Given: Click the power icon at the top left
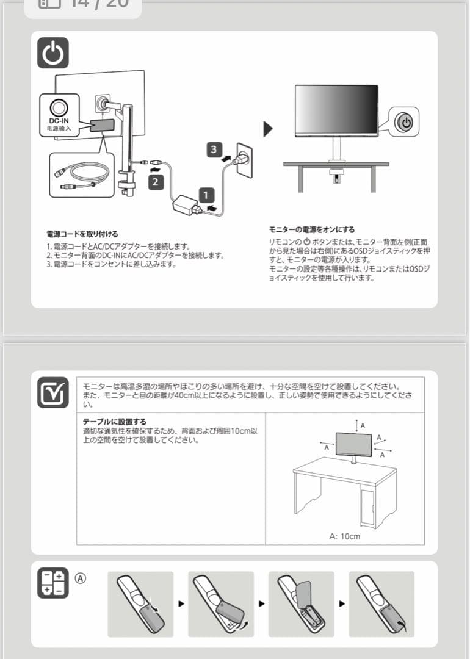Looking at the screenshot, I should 53,53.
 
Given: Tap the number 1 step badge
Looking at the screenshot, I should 206,196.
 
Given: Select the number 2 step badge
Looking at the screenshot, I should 156,181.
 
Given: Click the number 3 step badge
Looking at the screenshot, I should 213,149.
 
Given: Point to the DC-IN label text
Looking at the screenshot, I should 59,121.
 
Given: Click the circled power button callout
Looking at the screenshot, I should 405,123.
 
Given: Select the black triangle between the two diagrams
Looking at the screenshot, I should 267,129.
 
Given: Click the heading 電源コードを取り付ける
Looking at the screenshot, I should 82,234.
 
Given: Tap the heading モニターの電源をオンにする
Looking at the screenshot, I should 312,229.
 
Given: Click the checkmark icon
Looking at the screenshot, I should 53,392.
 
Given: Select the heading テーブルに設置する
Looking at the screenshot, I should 115,422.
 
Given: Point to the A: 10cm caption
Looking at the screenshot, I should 344,536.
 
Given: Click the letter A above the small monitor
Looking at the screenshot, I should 363,425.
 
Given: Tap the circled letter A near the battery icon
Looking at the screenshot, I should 81,577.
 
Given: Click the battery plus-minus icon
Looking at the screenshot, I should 53,583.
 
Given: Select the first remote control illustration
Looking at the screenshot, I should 140,604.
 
